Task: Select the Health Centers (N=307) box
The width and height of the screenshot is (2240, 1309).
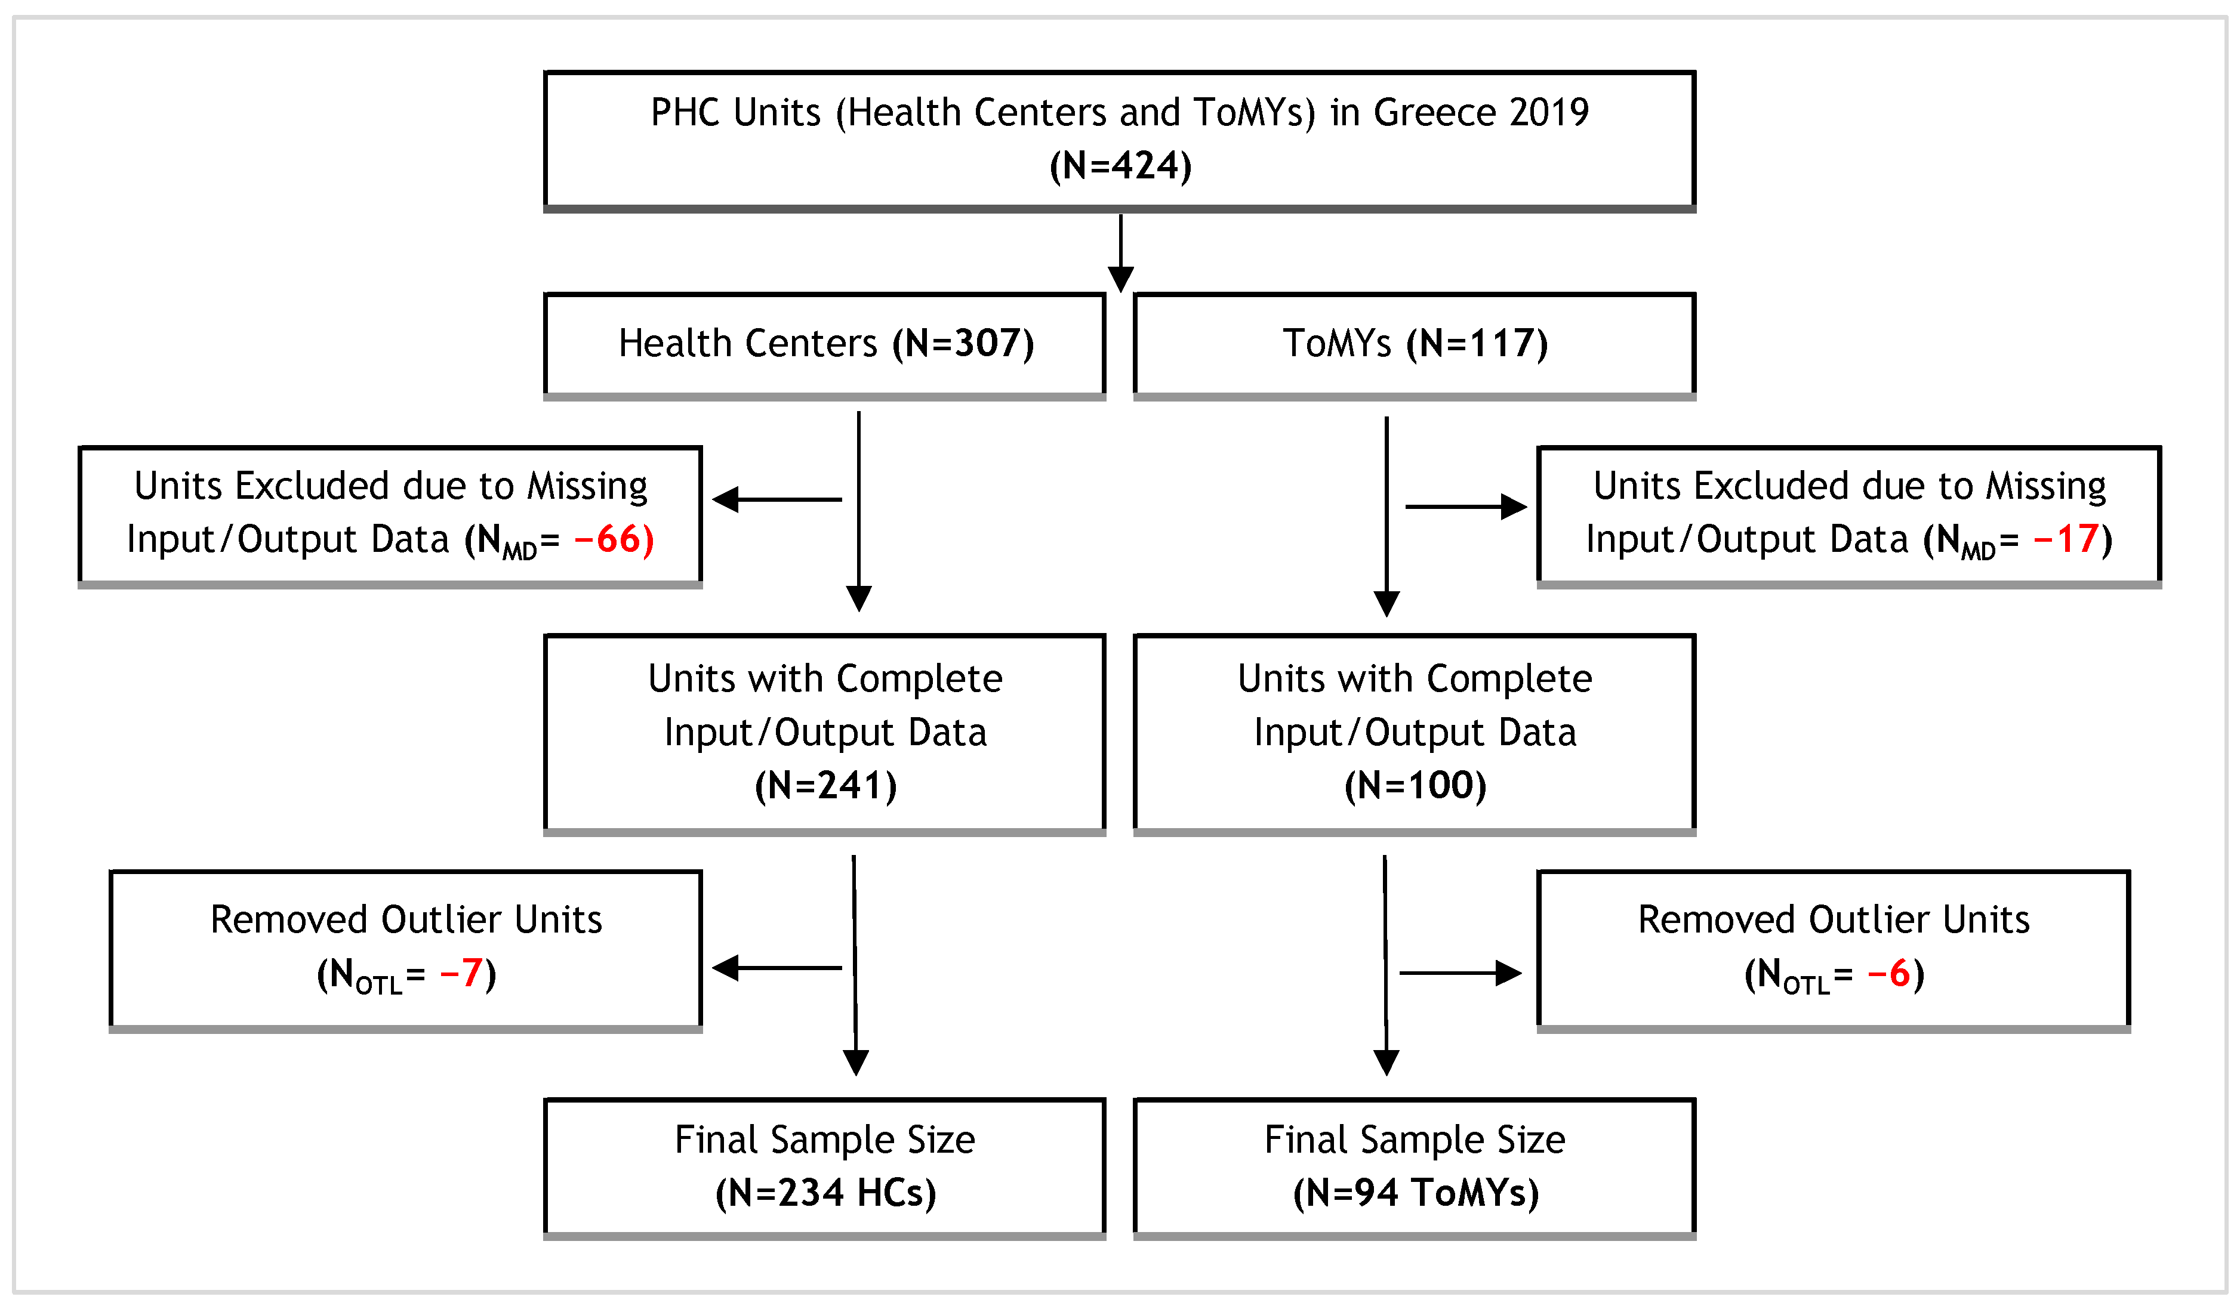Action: click(x=825, y=344)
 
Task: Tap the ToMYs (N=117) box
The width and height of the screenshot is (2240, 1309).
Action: click(x=1414, y=344)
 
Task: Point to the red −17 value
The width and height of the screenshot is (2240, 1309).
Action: click(x=2067, y=539)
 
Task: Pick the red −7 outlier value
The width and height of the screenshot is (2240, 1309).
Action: click(x=461, y=973)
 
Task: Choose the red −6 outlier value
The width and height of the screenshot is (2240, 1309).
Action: click(x=1889, y=973)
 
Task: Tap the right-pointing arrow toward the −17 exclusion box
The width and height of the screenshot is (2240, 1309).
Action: click(x=1465, y=507)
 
